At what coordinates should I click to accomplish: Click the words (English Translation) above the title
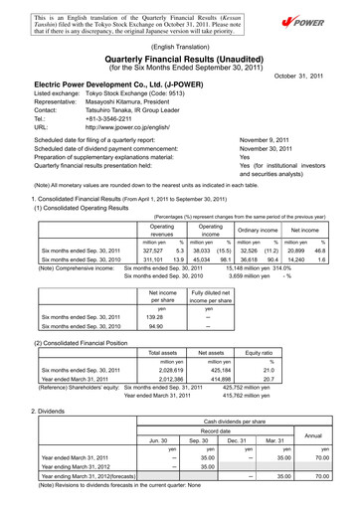click(x=180, y=45)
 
